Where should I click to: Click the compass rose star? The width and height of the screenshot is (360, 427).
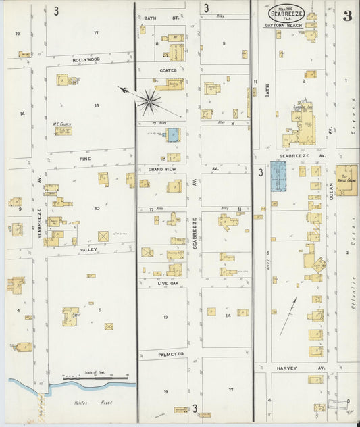[149, 102]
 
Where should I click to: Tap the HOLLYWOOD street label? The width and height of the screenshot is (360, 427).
[86, 59]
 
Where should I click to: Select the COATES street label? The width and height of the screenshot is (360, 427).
[168, 70]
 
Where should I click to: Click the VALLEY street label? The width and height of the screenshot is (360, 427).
[88, 249]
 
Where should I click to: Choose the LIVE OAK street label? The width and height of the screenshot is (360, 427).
[167, 284]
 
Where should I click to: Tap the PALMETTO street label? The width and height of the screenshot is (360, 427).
[171, 353]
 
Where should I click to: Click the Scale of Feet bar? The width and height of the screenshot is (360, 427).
[95, 378]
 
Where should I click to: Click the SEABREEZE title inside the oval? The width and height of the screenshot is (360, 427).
[286, 14]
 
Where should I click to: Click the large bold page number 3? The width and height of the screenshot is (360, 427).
[346, 16]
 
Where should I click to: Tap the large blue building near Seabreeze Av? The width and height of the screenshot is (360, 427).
[278, 176]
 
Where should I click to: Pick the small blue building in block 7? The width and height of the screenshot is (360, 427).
[173, 134]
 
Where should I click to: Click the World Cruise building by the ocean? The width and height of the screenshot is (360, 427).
[347, 180]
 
